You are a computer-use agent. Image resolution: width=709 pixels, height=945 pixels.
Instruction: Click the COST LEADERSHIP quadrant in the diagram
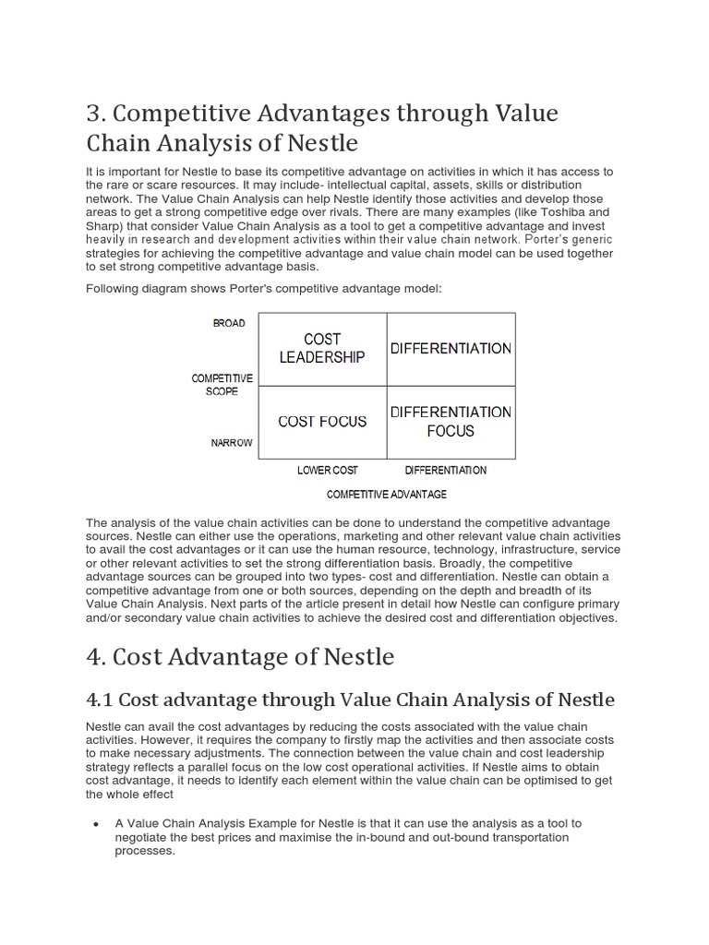point(322,348)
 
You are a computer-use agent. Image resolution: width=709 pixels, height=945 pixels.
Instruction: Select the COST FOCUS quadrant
point(322,422)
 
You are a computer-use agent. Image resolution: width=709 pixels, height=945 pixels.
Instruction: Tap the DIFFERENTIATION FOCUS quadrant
point(451,421)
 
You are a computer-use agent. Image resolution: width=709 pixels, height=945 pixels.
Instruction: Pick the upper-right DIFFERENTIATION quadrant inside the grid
point(451,349)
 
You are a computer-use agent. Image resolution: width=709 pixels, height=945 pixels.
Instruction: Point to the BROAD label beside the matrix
point(229,323)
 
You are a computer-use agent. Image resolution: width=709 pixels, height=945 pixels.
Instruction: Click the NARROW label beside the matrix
point(232,443)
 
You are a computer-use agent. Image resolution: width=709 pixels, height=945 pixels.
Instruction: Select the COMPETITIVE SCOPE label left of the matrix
point(222,384)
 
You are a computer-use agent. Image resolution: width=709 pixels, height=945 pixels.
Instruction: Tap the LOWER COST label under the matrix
point(327,470)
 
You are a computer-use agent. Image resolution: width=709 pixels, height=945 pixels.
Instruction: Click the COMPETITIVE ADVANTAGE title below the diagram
point(387,494)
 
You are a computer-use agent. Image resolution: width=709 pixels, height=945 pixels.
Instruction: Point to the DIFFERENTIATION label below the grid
point(445,470)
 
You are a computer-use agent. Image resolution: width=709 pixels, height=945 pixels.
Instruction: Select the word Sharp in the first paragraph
point(104,225)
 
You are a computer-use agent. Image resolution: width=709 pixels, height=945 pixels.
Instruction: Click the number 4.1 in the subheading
point(100,700)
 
